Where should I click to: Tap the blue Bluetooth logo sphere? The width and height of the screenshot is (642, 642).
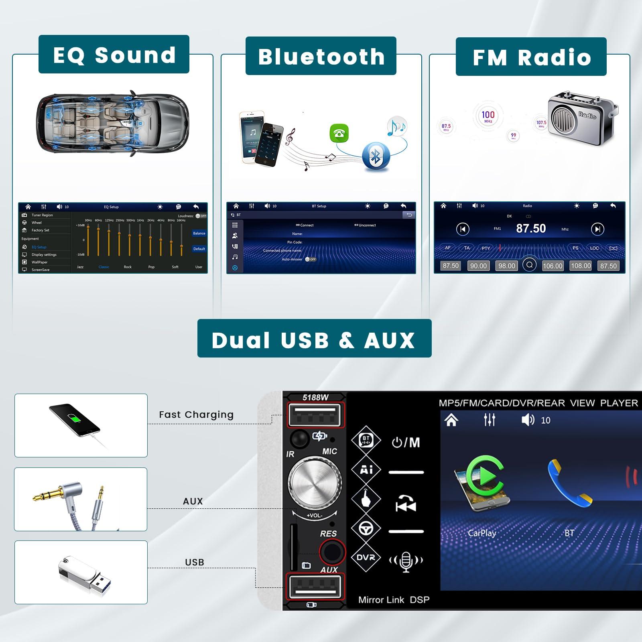[x=376, y=156]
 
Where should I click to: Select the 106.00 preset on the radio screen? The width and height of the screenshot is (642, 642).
[x=553, y=266]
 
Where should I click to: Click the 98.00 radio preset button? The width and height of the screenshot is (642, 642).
[x=506, y=266]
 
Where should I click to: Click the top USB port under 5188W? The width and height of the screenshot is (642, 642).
[x=315, y=415]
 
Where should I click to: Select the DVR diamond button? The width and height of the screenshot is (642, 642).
[x=366, y=557]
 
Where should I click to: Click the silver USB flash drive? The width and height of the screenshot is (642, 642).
[x=84, y=572]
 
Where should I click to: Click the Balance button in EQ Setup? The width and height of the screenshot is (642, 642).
[x=199, y=233]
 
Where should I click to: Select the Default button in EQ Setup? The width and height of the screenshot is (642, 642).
[x=199, y=249]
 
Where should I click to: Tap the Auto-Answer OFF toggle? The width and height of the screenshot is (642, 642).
[x=311, y=259]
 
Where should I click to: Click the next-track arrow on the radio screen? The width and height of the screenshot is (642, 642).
[x=597, y=229]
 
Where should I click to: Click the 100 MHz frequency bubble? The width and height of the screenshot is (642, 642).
[x=488, y=116]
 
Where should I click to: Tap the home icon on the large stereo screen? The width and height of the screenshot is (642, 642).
[x=451, y=420]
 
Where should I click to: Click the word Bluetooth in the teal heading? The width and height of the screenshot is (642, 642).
[x=321, y=57]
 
